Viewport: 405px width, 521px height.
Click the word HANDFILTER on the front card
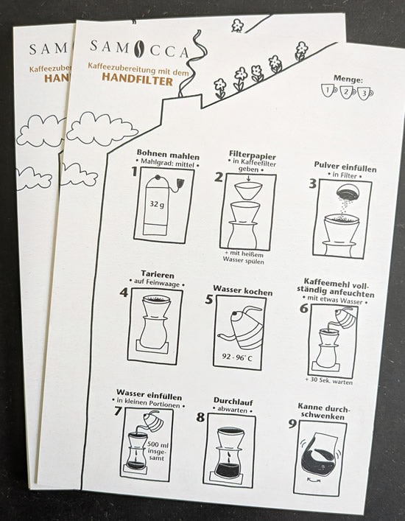tap(138, 80)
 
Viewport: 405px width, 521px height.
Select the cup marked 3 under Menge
tap(365, 94)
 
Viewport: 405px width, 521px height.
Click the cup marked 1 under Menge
tap(329, 91)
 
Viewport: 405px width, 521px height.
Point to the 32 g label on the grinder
tap(157, 204)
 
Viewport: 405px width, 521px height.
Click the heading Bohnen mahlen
tap(168, 155)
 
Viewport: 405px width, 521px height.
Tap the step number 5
tap(209, 299)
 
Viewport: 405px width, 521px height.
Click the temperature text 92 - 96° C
tap(237, 358)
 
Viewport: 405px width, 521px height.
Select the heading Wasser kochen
tap(243, 290)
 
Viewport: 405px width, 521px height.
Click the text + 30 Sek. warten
tap(329, 380)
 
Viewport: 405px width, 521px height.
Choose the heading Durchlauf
tap(233, 402)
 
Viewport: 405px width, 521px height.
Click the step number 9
tap(292, 424)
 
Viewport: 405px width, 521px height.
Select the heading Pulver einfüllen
tap(345, 167)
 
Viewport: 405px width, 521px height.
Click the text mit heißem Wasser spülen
tap(244, 258)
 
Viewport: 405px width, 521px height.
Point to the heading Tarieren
tap(158, 275)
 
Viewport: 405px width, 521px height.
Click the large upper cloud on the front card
tap(102, 129)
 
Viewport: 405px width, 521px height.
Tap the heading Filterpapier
tap(253, 155)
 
